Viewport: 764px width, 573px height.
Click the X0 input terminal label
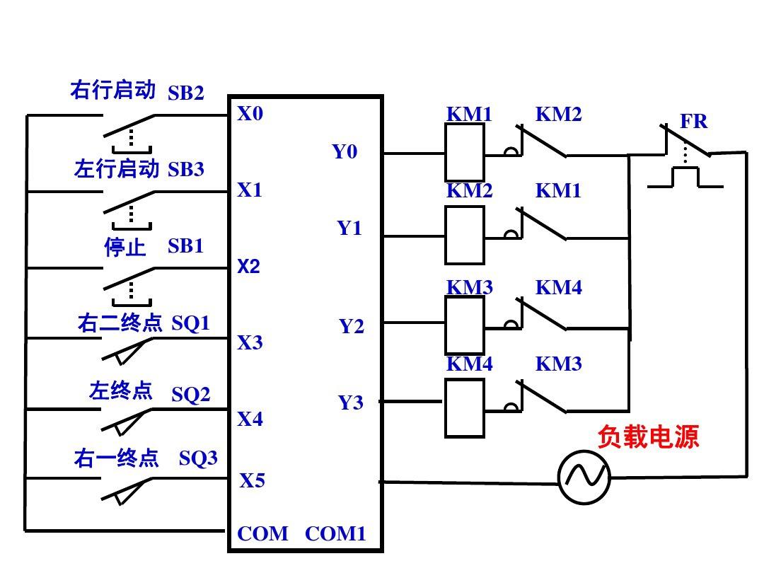coord(250,113)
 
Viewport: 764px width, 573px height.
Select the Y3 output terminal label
coord(351,403)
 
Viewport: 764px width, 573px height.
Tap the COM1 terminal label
coord(335,533)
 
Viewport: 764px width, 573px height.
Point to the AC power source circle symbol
coord(584,477)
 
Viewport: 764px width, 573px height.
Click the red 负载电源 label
coord(648,436)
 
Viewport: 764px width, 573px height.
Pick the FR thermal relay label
coord(693,122)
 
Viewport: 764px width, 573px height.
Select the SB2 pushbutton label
coord(185,93)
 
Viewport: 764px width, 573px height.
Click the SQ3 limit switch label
coord(198,458)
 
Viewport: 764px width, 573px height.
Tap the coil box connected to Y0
coord(465,152)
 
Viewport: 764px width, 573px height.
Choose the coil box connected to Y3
coord(465,408)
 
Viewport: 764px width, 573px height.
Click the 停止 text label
coord(125,247)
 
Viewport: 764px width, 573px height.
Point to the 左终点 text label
coord(120,390)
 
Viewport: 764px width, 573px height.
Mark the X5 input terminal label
coord(252,481)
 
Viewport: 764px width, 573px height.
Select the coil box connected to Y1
coord(465,235)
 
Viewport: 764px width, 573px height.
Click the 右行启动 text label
coord(112,90)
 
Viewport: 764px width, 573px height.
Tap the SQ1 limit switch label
coord(191,323)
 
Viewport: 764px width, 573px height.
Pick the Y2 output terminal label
coord(351,326)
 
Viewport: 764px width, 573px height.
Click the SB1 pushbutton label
coord(185,246)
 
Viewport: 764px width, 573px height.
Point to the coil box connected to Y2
coord(465,325)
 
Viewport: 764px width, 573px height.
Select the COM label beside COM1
coord(262,533)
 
